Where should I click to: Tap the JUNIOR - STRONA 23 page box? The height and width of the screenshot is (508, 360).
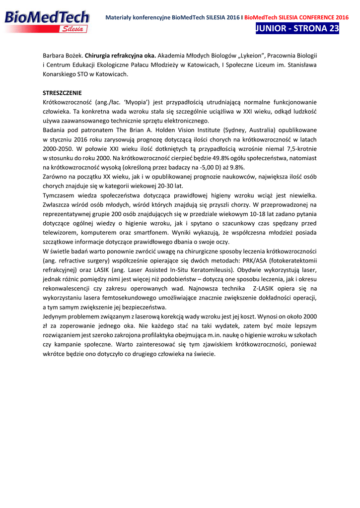(x=297, y=28)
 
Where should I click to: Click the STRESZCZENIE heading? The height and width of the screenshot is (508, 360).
(x=62, y=93)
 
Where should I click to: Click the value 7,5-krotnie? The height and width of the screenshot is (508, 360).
(x=299, y=149)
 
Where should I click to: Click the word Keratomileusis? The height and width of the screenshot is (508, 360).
(x=208, y=270)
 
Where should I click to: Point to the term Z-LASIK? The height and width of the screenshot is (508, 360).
(x=268, y=288)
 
